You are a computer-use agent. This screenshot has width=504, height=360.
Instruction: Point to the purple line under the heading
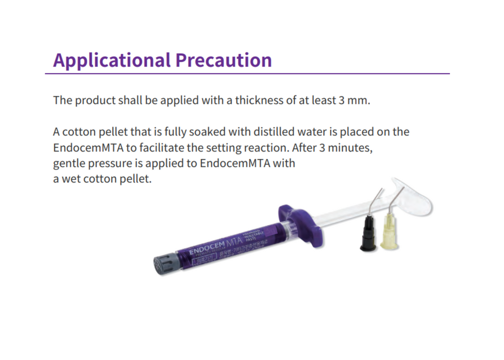[247, 73]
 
